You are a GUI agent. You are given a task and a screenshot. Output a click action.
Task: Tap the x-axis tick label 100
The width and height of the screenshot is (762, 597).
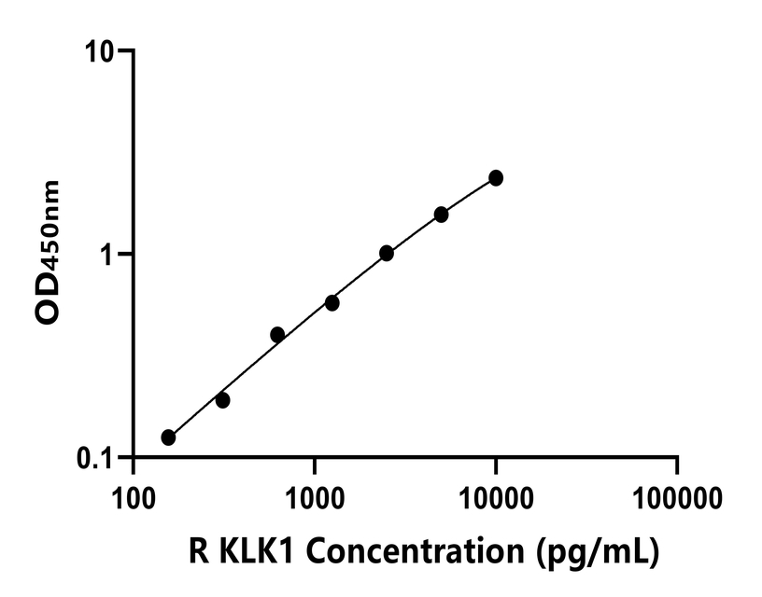click(x=133, y=495)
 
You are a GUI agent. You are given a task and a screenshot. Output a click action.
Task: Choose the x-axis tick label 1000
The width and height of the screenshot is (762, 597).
click(x=314, y=495)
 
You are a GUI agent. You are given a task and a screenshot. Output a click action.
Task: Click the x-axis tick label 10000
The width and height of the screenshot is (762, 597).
click(x=495, y=495)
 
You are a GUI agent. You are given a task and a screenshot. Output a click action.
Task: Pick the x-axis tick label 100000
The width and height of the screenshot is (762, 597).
click(x=677, y=495)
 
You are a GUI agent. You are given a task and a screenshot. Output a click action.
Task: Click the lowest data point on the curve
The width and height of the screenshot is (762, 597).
click(x=168, y=437)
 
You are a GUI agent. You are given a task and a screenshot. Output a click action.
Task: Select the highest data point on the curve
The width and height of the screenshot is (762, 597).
click(x=496, y=178)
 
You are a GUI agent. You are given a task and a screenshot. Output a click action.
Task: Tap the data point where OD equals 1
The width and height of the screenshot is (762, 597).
click(x=387, y=253)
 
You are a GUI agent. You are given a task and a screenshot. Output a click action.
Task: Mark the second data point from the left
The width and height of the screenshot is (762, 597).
click(x=222, y=400)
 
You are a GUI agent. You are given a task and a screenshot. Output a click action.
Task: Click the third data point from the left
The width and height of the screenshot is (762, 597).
click(x=277, y=334)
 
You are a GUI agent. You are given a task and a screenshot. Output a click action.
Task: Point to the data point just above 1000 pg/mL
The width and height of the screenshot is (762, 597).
click(x=332, y=303)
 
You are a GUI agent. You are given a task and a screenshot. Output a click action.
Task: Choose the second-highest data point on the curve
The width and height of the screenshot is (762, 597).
click(x=441, y=215)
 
